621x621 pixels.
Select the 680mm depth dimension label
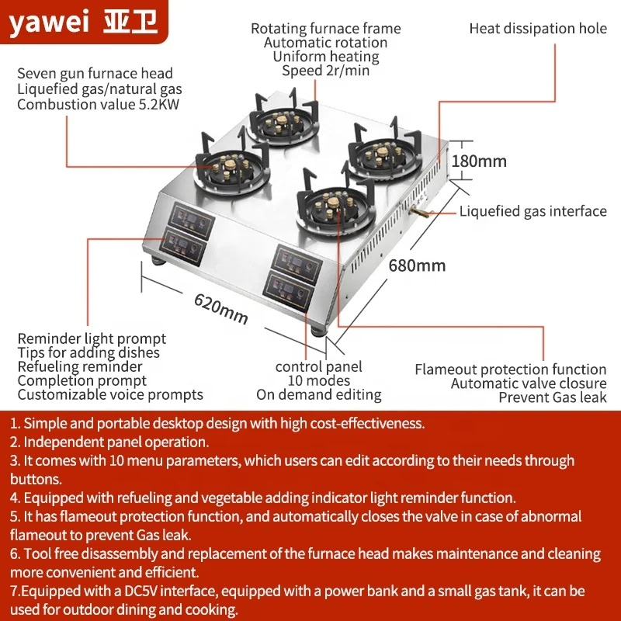[417, 265]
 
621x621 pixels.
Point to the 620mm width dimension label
[221, 307]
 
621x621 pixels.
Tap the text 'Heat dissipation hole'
[538, 29]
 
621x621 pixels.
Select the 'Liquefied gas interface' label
[533, 211]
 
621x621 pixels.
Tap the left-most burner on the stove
[227, 165]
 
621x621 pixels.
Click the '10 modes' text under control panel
[318, 381]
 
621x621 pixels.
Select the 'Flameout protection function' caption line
[510, 369]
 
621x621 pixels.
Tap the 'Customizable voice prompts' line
[110, 394]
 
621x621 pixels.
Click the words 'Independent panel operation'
[116, 442]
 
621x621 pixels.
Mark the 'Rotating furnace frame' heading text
[326, 29]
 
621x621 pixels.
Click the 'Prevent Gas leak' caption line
[552, 397]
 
